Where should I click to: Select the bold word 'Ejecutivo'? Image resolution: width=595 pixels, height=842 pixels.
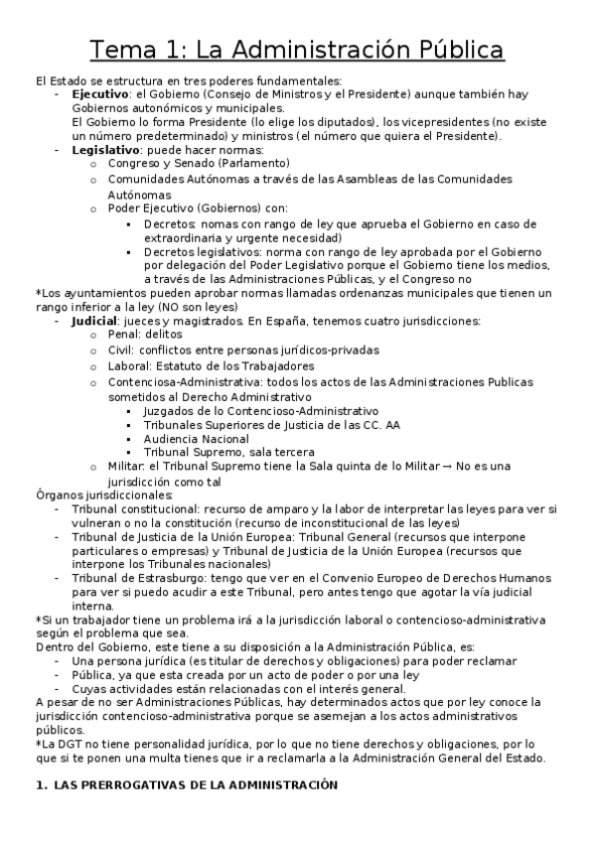coord(100,93)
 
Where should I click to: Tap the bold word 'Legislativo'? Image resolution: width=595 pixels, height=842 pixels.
coord(105,150)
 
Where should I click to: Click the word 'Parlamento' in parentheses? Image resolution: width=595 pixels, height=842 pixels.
coord(254,164)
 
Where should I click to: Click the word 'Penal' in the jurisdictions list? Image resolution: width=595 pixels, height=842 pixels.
coord(124,336)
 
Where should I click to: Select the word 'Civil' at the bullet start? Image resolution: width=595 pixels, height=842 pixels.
coord(122,351)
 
